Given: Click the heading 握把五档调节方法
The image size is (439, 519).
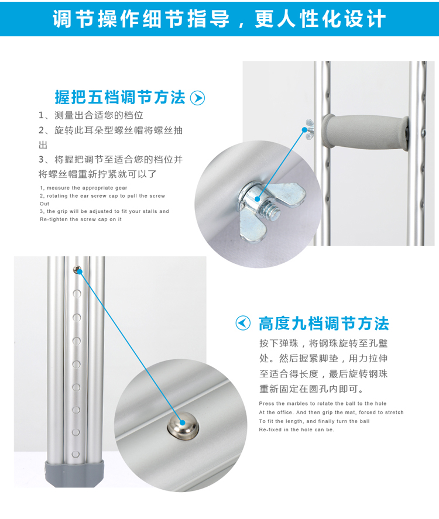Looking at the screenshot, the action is [x=120, y=98].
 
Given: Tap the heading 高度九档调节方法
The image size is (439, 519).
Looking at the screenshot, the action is [x=324, y=324].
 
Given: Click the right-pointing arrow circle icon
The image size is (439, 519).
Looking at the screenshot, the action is [x=197, y=98].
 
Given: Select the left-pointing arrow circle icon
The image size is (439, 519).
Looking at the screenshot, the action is [x=243, y=323].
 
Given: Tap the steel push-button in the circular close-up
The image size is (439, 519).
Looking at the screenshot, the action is [x=183, y=426].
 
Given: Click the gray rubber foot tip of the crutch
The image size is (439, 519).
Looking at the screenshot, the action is [x=74, y=473].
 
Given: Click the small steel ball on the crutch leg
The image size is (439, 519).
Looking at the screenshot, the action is [x=77, y=270].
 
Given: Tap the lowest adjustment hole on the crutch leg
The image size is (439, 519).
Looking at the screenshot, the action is [x=76, y=455].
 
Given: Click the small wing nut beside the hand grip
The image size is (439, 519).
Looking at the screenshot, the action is [x=309, y=129].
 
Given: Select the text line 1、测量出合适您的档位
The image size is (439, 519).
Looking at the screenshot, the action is [x=91, y=115].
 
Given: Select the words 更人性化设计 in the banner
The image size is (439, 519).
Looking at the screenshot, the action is [x=320, y=19].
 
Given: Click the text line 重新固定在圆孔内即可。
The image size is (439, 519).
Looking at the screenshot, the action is [x=311, y=389].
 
